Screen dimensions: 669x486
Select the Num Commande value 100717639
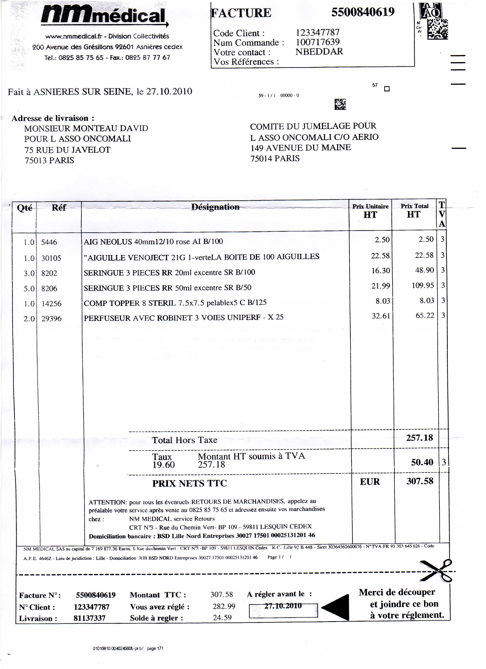pyautogui.click(x=318, y=42)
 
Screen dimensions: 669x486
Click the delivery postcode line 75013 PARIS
pyautogui.click(x=49, y=161)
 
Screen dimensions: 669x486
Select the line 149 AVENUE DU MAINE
pyautogui.click(x=301, y=148)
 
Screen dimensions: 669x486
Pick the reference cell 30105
pyautogui.click(x=51, y=258)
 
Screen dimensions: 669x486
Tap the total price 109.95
pyautogui.click(x=423, y=286)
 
